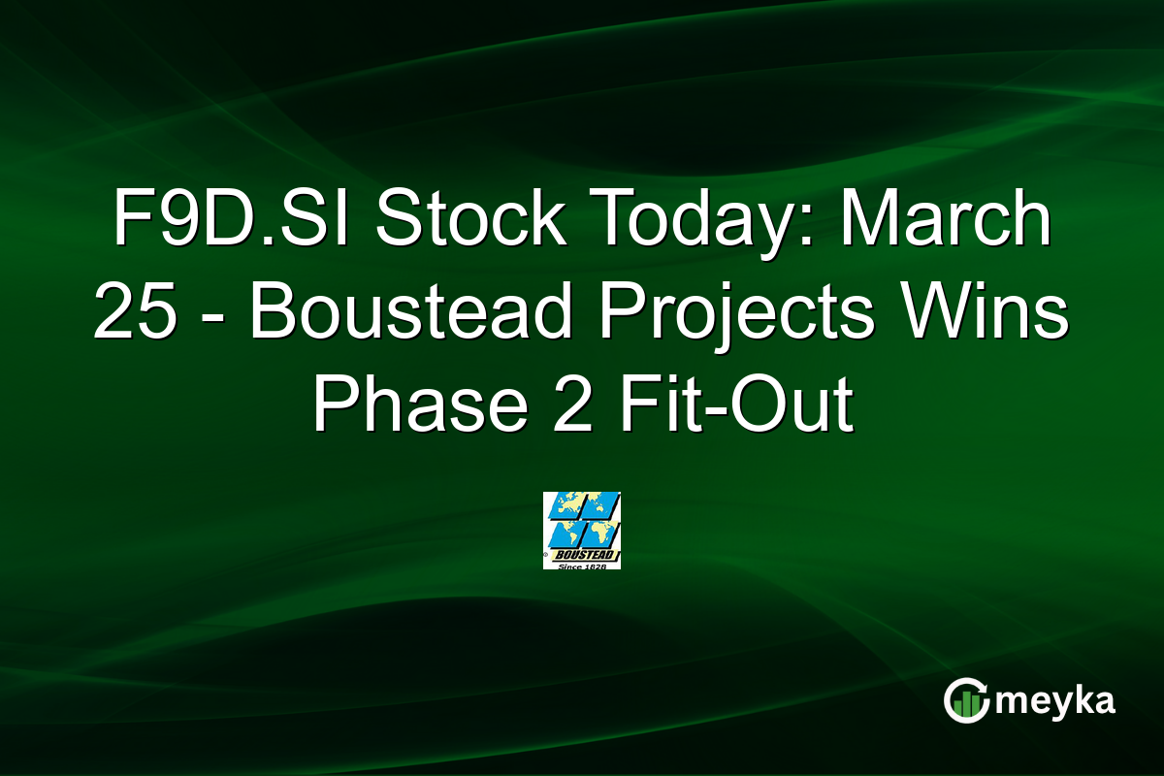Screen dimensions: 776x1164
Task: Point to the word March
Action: point(946,222)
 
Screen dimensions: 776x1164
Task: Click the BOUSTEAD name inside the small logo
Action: point(581,555)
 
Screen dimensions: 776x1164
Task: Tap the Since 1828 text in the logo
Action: point(582,565)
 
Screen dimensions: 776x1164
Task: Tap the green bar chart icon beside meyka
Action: point(966,700)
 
